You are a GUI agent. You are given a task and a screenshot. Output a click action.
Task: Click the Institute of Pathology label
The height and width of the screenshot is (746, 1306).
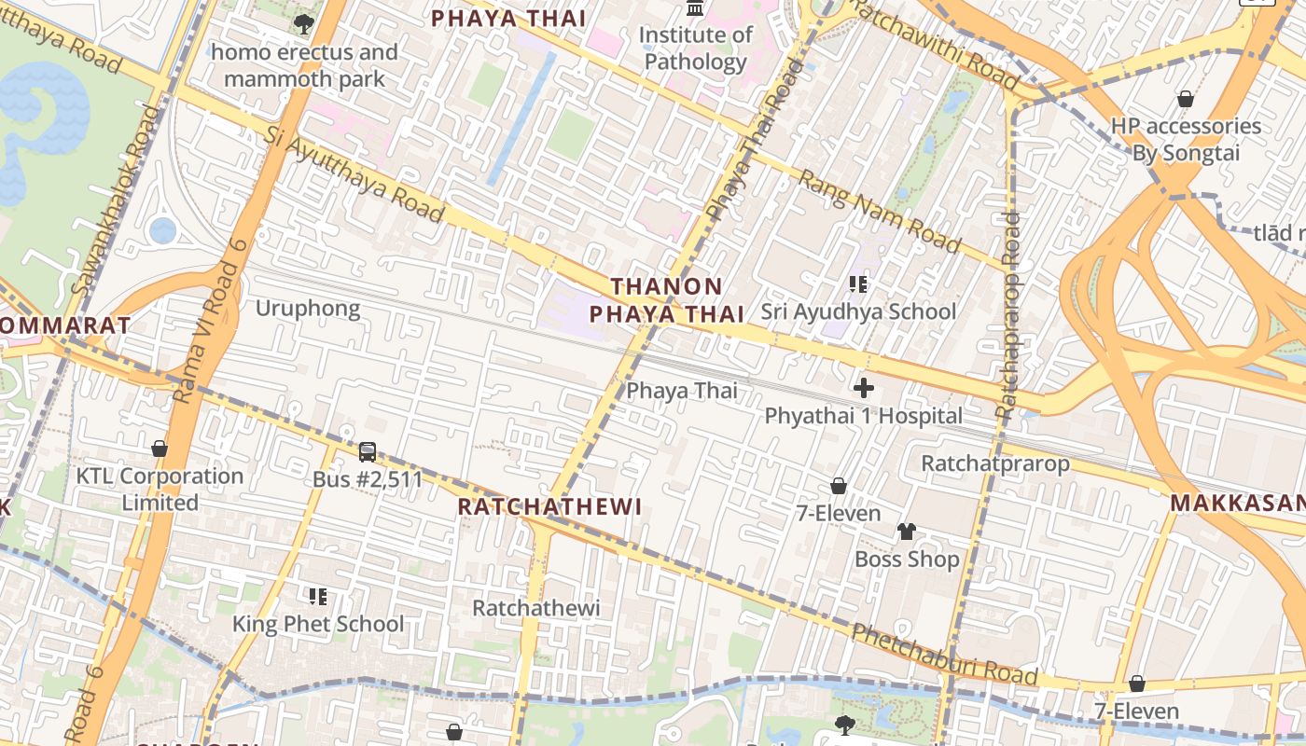(695, 48)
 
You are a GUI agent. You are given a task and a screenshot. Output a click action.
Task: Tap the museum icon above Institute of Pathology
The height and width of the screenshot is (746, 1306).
(695, 8)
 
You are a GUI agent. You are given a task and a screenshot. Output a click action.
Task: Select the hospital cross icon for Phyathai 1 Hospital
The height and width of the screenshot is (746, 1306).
(864, 387)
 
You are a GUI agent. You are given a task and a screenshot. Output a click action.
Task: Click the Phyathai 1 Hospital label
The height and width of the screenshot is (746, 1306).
(863, 416)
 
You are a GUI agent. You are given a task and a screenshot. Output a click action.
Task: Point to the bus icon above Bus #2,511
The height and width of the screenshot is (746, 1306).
(368, 452)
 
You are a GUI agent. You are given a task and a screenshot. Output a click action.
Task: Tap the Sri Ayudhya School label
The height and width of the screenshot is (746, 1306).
(858, 311)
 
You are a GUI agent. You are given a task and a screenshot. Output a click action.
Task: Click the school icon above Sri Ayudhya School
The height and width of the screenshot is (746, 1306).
(858, 283)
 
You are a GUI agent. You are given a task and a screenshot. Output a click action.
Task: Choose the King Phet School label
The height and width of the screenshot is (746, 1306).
(318, 624)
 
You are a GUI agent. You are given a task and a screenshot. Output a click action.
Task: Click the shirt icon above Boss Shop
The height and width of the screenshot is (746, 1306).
(907, 532)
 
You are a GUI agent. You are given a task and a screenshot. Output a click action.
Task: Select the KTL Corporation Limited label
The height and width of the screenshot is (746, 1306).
(160, 489)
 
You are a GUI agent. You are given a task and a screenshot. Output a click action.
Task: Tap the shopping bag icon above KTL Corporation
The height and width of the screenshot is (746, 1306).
(160, 449)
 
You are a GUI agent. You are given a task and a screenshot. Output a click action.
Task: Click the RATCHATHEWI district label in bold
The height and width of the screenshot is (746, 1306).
(550, 507)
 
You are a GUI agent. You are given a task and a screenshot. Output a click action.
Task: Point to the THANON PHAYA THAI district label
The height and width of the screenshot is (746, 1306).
(666, 299)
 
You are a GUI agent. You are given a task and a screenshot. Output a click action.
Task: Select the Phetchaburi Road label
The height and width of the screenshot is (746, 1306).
(944, 654)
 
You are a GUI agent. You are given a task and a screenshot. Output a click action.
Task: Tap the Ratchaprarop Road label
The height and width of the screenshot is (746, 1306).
(1008, 314)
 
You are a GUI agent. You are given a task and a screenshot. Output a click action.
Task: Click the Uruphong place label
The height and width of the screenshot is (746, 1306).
(308, 309)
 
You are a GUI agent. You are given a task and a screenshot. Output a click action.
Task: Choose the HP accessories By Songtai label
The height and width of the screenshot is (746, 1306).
(1186, 139)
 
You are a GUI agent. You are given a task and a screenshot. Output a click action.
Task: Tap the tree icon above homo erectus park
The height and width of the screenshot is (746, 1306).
(303, 23)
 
